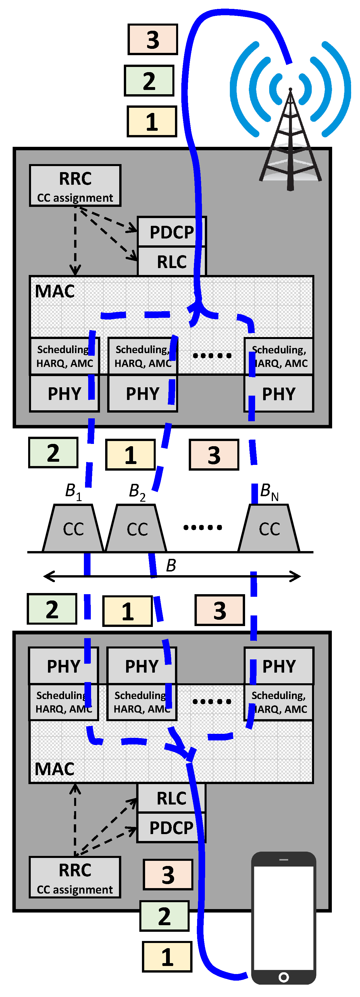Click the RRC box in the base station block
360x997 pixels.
coord(75,185)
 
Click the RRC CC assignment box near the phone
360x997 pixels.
coord(75,877)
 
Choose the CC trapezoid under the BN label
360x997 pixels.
coord(269,528)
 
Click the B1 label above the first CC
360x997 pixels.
coord(73,492)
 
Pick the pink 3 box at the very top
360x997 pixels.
coord(153,39)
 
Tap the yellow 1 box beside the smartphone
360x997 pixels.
coord(167,956)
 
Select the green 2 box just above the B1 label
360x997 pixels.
coord(53,453)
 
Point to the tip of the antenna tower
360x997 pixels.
coord(290,90)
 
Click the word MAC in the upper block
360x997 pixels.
coord(55,291)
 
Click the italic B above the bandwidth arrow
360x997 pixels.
coord(171,565)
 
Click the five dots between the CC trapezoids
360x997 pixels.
coord(203,527)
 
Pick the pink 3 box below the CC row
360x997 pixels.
coord(220,610)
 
